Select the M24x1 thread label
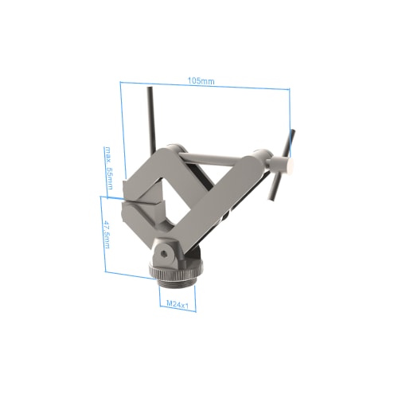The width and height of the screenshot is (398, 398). [177, 304]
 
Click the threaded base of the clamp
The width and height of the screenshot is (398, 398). [177, 281]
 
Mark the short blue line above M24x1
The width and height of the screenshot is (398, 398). [177, 295]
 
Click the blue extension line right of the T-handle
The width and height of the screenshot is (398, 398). [291, 119]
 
